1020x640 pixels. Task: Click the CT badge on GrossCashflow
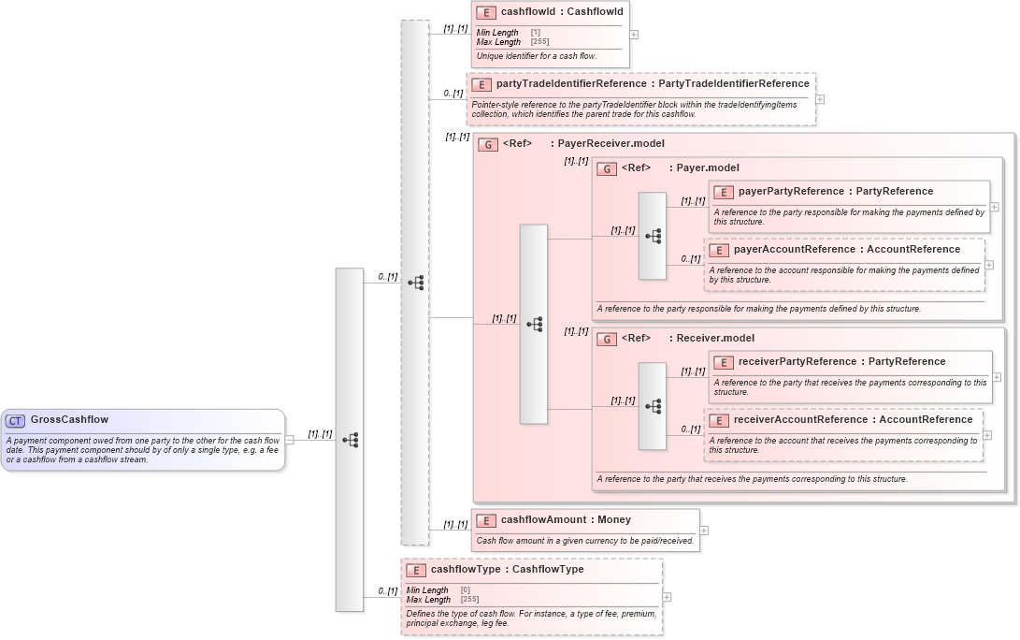(16, 420)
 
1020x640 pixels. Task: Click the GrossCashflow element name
(69, 420)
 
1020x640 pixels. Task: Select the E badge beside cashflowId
(485, 12)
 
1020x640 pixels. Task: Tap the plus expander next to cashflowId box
(634, 34)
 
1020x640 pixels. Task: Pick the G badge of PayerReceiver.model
(487, 144)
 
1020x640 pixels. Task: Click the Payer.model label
(707, 168)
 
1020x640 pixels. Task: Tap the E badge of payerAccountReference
(718, 250)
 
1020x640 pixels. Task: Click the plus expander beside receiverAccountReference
(988, 435)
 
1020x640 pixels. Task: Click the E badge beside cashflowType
(415, 570)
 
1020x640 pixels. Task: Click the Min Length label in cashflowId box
(497, 33)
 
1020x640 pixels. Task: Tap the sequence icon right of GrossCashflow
(350, 440)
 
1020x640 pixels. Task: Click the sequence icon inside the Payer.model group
(653, 236)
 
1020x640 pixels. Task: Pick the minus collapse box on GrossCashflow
(290, 440)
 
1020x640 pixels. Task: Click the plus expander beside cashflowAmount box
(704, 530)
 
